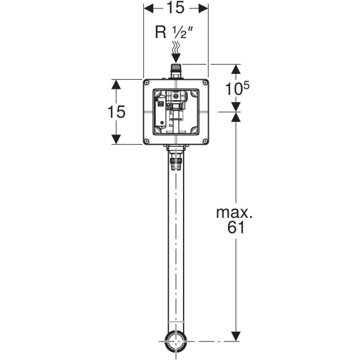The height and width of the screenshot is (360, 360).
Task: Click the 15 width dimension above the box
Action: (176, 8)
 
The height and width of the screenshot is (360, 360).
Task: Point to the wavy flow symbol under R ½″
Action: (176, 47)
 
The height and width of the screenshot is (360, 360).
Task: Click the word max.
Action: (236, 212)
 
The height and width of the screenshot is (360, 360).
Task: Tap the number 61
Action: (236, 228)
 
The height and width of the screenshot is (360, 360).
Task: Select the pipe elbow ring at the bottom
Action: (176, 343)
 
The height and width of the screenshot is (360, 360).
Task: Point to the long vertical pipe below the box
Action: (176, 252)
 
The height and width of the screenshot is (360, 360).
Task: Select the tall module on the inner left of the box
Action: (161, 114)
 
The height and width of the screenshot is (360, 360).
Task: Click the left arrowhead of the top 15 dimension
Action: (148, 8)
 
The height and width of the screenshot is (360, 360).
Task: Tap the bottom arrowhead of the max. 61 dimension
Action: (236, 338)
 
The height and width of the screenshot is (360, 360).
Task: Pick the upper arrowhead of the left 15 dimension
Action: (116, 84)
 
